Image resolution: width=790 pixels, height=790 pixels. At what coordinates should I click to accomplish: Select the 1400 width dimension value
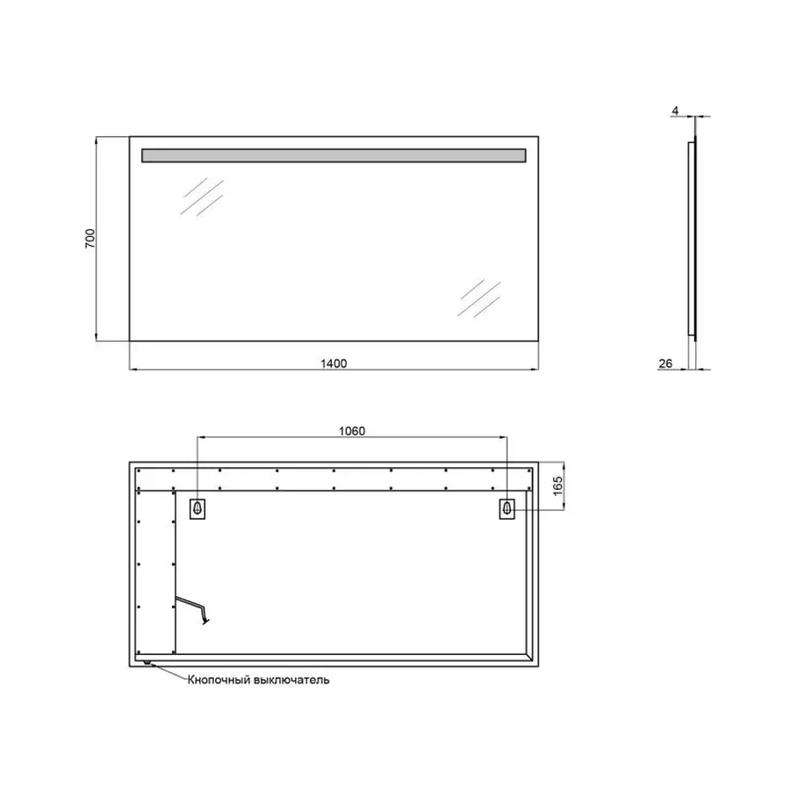pyautogui.click(x=334, y=361)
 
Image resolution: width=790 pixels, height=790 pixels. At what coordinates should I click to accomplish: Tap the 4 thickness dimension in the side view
pyautogui.click(x=674, y=110)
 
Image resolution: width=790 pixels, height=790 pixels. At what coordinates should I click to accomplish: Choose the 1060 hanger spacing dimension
pyautogui.click(x=351, y=430)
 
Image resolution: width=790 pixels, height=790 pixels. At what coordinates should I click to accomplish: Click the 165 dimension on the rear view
pyautogui.click(x=557, y=485)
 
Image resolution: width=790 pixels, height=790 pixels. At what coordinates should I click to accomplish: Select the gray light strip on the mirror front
pyautogui.click(x=334, y=155)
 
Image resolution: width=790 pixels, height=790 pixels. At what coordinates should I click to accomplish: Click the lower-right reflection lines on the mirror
pyautogui.click(x=478, y=298)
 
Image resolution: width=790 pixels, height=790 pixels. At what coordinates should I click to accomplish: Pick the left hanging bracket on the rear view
pyautogui.click(x=197, y=508)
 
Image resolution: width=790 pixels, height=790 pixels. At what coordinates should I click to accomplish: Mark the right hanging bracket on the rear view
pyautogui.click(x=506, y=508)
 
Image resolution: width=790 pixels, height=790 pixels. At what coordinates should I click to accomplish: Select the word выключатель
pyautogui.click(x=292, y=680)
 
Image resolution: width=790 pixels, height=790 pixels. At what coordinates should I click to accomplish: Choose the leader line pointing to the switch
pyautogui.click(x=169, y=672)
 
